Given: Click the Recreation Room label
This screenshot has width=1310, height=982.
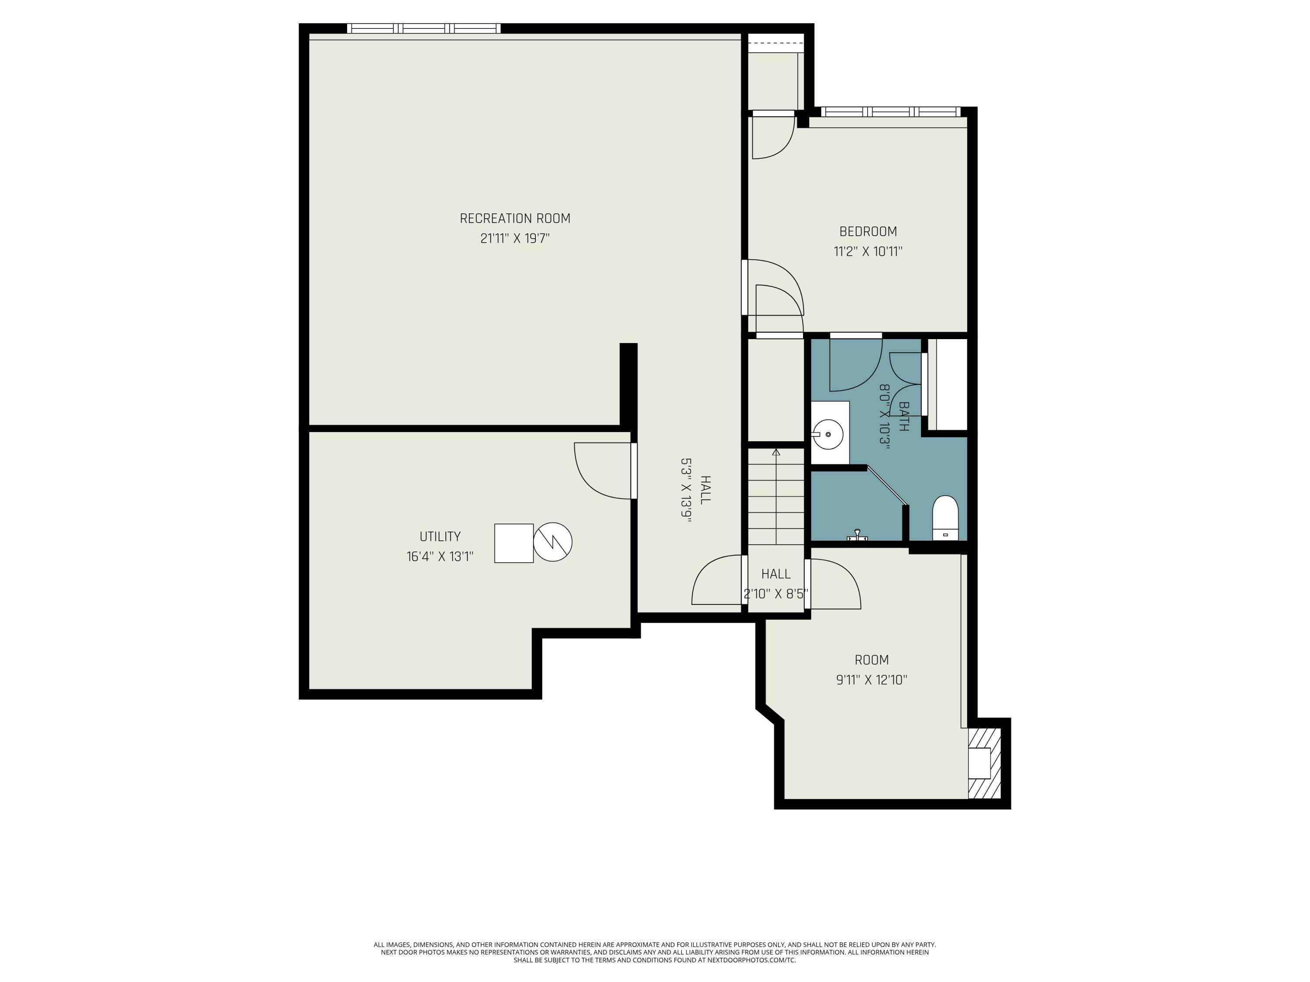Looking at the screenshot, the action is (515, 218).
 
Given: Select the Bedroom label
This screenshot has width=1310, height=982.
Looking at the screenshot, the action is (868, 231).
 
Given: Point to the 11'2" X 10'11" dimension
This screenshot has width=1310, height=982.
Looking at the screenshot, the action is (868, 251).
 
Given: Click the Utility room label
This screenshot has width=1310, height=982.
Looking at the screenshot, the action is (440, 536).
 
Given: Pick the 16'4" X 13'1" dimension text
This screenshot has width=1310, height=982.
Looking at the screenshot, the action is (440, 556).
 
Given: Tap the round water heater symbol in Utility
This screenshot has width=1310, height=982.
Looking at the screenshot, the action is (552, 542).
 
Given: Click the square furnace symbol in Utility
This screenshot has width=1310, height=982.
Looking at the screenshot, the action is (514, 543).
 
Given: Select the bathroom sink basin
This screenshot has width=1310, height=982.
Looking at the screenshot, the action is (828, 434).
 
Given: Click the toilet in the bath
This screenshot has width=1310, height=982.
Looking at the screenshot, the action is (945, 517).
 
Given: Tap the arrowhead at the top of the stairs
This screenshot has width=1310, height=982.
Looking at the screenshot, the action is (776, 452).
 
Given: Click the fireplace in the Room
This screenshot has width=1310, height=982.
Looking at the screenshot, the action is (984, 763).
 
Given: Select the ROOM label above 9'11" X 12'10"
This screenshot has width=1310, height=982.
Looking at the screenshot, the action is (872, 659).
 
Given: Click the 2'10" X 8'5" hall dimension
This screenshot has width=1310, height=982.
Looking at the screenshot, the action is (776, 594).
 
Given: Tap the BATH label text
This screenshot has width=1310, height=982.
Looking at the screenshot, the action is (903, 417).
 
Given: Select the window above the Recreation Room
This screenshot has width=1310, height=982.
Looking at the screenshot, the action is (424, 28).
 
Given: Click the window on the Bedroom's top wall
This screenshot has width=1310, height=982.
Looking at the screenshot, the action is (889, 112).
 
